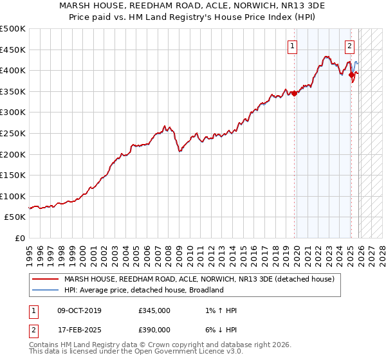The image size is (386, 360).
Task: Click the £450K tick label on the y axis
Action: (13, 50)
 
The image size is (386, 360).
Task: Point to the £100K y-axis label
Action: (13, 196)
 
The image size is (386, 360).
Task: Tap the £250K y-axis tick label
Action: (13, 133)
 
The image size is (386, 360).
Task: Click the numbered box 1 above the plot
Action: (293, 46)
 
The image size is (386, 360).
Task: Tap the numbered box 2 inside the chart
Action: (349, 46)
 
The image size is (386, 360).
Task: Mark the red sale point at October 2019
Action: (295, 93)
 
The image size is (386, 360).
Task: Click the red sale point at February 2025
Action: (351, 75)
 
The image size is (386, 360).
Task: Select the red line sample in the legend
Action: (45, 280)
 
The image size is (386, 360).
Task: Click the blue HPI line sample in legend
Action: (45, 290)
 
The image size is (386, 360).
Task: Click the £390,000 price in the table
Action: (154, 329)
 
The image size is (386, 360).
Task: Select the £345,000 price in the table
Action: (154, 310)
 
